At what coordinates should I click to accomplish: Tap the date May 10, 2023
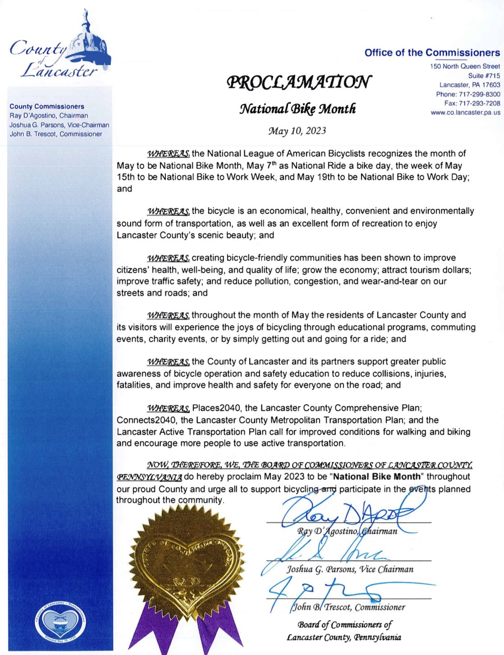(297, 131)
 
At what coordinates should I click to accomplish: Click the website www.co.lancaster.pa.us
(465, 112)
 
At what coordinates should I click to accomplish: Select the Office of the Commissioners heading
(432, 52)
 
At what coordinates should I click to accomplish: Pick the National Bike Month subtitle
(298, 109)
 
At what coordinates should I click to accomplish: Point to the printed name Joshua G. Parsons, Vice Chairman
(350, 569)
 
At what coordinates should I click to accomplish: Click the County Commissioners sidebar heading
(47, 106)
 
